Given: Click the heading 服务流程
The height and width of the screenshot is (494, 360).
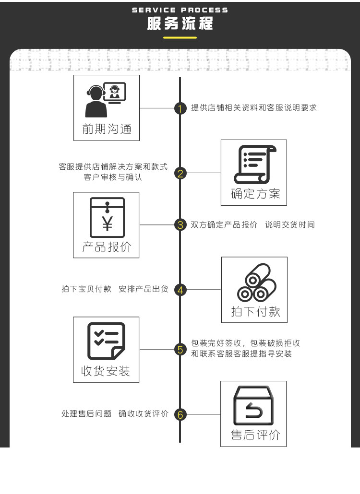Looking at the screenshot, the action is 180,24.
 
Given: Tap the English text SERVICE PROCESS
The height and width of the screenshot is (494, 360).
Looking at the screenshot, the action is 180,10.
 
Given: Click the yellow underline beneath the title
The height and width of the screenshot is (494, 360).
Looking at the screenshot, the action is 180,37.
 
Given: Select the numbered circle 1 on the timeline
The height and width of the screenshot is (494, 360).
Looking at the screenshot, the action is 180,108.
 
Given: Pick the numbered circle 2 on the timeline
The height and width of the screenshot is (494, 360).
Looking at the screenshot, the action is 180,173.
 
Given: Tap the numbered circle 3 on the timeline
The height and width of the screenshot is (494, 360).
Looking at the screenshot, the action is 180,224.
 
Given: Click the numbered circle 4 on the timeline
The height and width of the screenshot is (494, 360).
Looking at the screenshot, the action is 180,290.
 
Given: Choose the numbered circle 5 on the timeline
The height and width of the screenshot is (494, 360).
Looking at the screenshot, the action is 180,349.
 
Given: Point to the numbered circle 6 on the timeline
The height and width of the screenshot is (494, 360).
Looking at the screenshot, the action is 180,414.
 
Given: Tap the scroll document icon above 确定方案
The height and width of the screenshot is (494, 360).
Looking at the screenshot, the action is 254,164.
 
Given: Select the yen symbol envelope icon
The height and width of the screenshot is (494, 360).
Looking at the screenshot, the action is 107,218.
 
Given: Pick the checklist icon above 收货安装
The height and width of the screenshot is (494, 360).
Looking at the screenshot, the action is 106,341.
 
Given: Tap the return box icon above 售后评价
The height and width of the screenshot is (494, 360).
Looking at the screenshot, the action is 253,405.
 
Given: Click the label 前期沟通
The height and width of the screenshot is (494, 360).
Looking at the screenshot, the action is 107,129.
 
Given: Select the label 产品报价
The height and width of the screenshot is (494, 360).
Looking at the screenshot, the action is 107,247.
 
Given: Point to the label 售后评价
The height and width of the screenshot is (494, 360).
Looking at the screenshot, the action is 255,435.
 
